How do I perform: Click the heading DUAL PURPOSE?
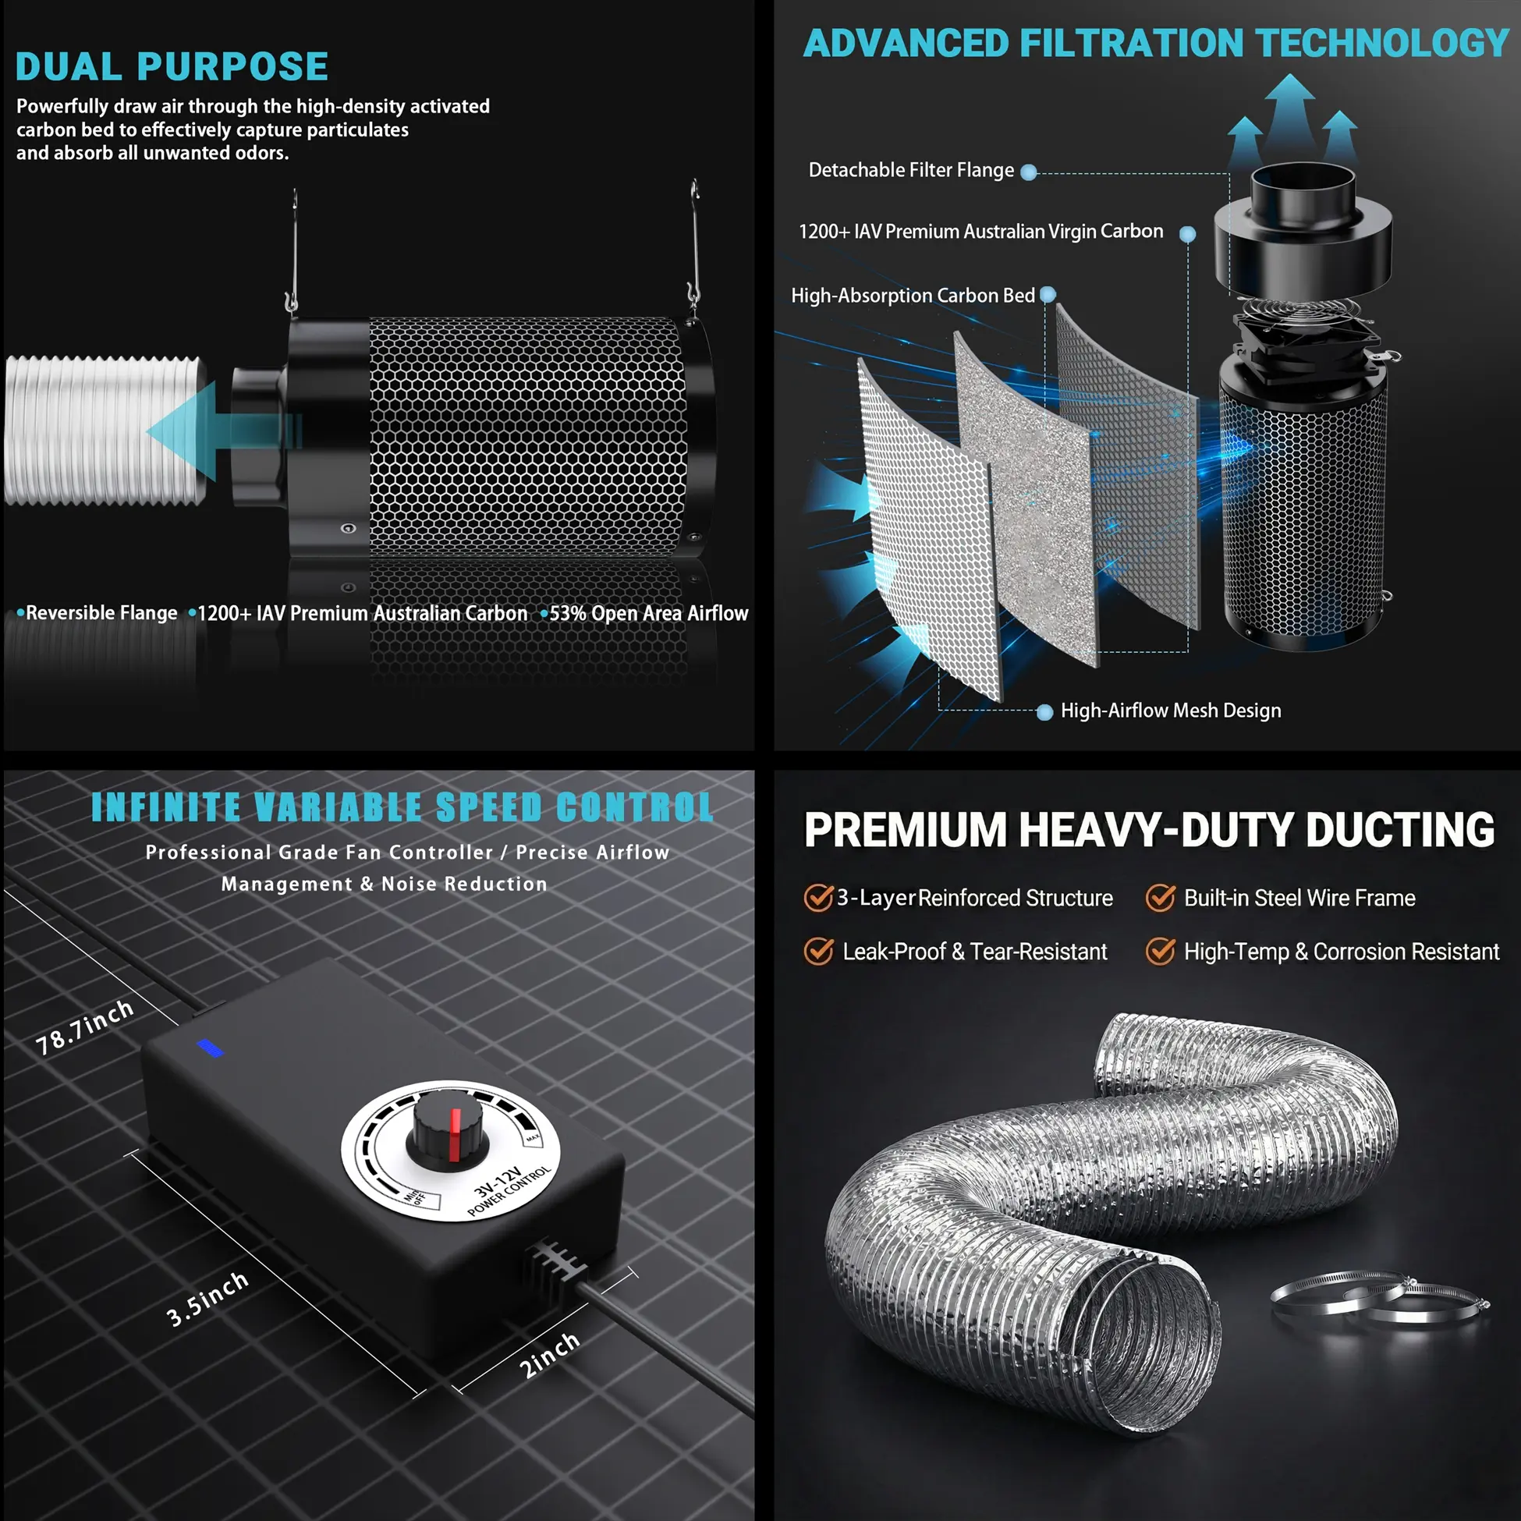tap(172, 67)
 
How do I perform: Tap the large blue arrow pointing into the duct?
tap(224, 431)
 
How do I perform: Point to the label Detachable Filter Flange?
tap(911, 170)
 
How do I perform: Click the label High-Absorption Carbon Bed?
tap(913, 295)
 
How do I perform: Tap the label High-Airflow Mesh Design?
tap(1171, 711)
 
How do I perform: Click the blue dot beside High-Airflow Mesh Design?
tap(1044, 712)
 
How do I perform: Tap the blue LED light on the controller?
tap(210, 1048)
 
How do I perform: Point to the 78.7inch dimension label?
tap(85, 1027)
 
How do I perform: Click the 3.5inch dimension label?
tap(207, 1299)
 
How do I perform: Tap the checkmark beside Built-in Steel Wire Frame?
tap(1160, 898)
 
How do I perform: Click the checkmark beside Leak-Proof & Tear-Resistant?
tap(819, 951)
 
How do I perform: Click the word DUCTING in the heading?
tap(1400, 830)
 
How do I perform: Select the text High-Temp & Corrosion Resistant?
tap(1342, 952)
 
